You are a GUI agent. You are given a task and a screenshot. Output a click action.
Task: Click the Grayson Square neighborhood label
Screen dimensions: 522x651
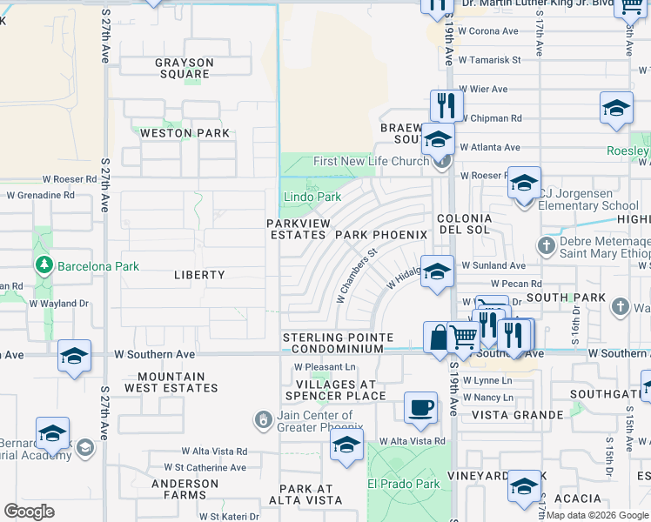[184, 68]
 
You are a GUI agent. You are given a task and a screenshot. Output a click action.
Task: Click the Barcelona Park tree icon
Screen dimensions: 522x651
[44, 264]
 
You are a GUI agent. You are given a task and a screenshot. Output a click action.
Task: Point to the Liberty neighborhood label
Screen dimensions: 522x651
[199, 275]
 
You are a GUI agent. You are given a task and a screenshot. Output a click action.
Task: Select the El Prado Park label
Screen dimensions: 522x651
[404, 484]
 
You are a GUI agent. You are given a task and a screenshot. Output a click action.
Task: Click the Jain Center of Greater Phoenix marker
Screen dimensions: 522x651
[264, 420]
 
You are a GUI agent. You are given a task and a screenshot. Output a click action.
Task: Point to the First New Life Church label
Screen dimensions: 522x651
[372, 161]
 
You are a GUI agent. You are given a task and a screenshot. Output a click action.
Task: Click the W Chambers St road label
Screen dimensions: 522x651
[359, 277]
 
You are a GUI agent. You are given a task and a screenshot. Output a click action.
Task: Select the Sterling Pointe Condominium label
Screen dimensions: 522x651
[333, 343]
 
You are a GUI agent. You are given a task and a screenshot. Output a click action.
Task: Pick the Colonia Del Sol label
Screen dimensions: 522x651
[464, 224]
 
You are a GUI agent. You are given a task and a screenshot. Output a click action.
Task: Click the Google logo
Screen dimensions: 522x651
[29, 512]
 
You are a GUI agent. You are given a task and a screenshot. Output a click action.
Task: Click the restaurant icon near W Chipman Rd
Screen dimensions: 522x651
[446, 105]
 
